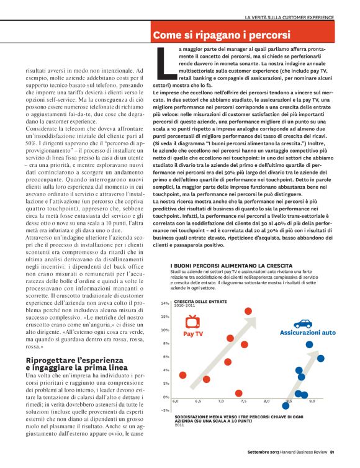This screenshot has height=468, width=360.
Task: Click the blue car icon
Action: tap(302, 323)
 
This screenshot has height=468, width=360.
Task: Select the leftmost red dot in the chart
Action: tap(182, 375)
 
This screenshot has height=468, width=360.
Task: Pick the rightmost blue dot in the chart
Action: tap(320, 358)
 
